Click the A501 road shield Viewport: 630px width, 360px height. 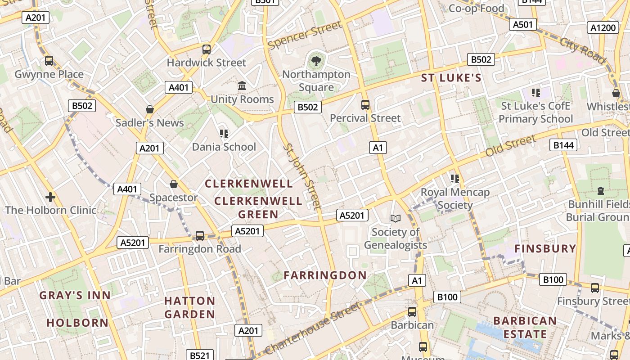[x=522, y=24]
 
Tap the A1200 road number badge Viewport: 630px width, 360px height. [x=603, y=28]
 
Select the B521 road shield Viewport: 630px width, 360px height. [x=199, y=355]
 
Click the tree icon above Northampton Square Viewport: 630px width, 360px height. [x=316, y=61]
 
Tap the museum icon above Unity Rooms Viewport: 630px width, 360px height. [x=242, y=85]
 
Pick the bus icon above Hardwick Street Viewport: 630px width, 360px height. [x=207, y=49]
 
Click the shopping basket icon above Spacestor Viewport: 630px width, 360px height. [x=174, y=184]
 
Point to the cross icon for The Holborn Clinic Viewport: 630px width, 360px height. [x=50, y=197]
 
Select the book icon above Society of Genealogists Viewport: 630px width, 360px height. [x=395, y=218]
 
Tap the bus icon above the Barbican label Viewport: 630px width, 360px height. [x=412, y=311]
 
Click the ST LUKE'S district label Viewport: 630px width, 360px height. [x=451, y=78]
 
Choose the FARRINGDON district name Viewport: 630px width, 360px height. [x=325, y=275]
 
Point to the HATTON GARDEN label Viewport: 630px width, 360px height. [x=189, y=307]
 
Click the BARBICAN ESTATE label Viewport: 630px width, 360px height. [x=525, y=327]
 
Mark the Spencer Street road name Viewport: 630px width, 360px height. [x=305, y=35]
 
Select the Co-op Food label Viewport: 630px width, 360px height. [x=477, y=8]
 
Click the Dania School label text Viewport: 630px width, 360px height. [x=224, y=147]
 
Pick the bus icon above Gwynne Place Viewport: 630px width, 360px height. [x=49, y=60]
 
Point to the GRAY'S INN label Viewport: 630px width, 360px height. [x=75, y=295]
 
